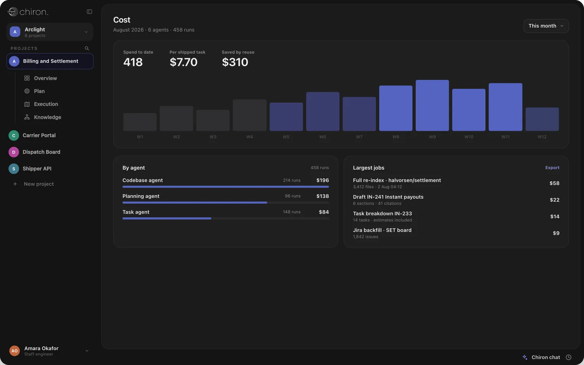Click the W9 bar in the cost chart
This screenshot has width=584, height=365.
click(432, 105)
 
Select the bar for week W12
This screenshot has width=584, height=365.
click(542, 119)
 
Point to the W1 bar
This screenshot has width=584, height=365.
click(140, 122)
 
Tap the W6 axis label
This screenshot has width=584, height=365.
click(322, 137)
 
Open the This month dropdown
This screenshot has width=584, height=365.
click(546, 26)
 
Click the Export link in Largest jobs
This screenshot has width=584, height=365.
click(552, 168)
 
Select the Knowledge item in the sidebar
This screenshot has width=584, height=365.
click(47, 117)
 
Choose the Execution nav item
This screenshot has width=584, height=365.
click(46, 104)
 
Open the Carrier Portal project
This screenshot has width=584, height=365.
click(39, 135)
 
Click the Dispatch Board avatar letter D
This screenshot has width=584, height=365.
click(14, 152)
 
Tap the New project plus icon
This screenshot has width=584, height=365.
click(15, 184)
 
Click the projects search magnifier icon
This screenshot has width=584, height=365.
click(87, 48)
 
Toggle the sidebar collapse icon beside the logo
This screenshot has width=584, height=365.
click(90, 11)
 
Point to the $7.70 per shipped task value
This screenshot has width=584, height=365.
click(183, 62)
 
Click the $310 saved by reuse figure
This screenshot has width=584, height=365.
click(235, 62)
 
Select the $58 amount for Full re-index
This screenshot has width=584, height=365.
click(554, 183)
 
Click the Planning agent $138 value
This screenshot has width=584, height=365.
click(322, 196)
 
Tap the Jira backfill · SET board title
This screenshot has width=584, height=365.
click(382, 230)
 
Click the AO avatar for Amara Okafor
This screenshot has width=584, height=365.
click(14, 351)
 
